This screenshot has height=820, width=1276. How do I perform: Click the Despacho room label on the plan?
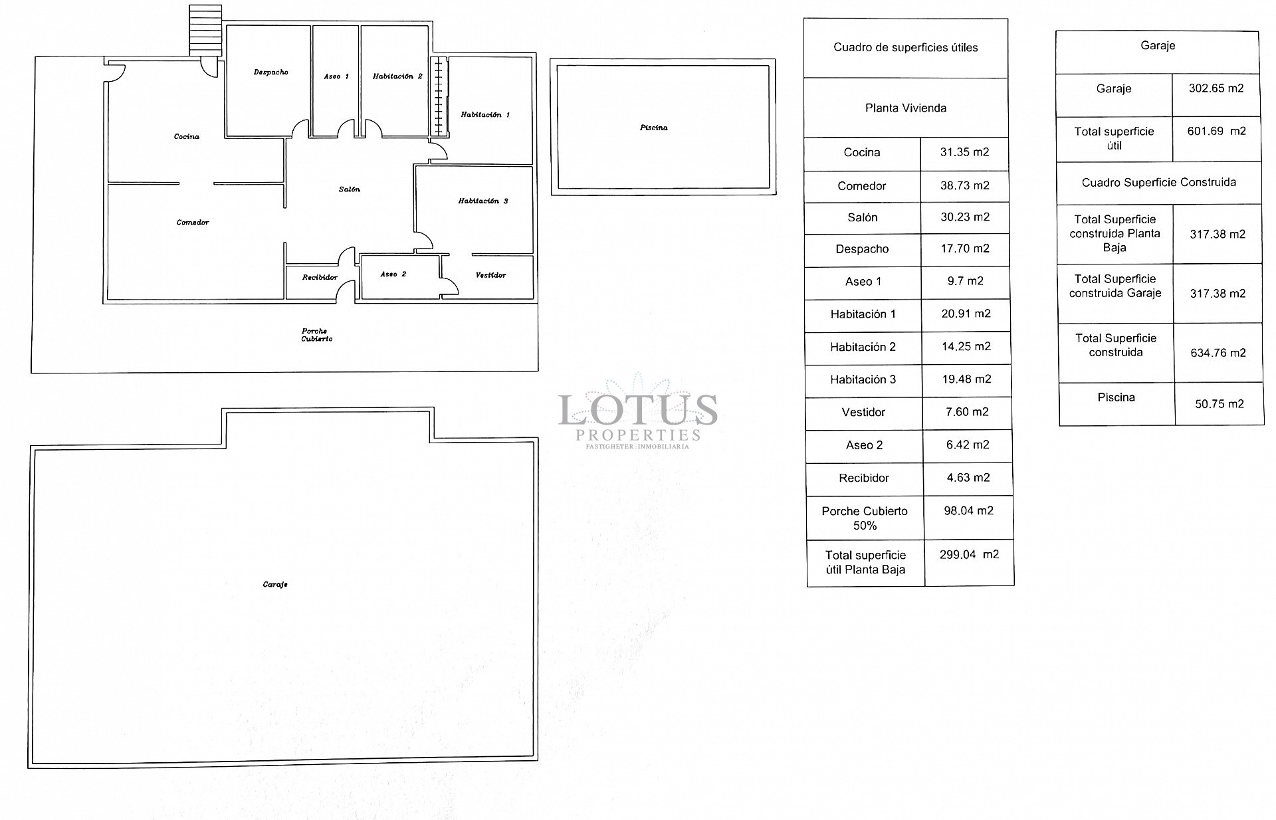pos(270,72)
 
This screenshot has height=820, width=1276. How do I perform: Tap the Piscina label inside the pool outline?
pos(654,128)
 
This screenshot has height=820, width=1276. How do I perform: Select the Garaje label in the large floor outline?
pos(275,585)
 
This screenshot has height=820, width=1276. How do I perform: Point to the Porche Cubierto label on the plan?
pos(316,335)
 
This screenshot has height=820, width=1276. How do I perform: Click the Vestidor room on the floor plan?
pos(491,275)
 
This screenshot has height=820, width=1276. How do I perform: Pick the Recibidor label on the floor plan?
pos(320,277)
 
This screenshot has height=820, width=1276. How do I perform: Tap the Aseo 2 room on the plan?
pos(393,274)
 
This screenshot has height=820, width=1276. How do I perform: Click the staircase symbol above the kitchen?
pos(205,31)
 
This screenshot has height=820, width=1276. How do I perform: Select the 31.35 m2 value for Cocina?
pos(964,152)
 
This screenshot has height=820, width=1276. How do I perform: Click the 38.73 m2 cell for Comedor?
pos(964,186)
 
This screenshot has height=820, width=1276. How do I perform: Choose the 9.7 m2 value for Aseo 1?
pos(964,281)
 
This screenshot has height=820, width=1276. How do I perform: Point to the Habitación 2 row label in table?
pos(863,347)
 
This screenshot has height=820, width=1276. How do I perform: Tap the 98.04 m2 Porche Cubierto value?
pos(968,511)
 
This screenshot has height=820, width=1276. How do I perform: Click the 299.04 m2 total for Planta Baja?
pos(968,555)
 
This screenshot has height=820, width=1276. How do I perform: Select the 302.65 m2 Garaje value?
pos(1216,88)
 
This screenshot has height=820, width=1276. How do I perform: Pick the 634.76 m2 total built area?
pos(1218,353)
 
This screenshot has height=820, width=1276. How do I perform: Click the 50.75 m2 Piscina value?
pos(1219,404)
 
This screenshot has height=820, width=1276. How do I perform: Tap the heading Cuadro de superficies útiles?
pos(905,48)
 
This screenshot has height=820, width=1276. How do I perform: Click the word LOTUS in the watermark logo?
pos(637,409)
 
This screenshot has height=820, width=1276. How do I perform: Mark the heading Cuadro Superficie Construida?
pos(1158,183)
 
